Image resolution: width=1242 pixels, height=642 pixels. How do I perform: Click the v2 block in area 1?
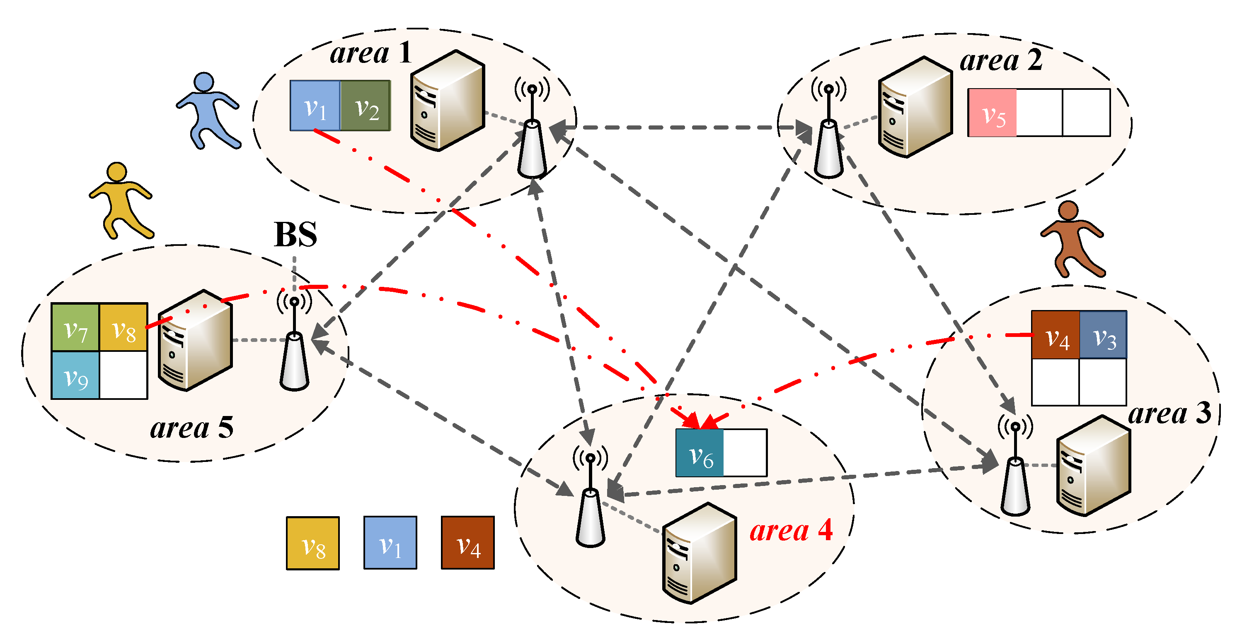pos(366,106)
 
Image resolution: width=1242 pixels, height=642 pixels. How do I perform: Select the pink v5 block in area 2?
pos(992,113)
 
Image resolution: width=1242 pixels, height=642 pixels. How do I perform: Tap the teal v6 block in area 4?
pos(700,453)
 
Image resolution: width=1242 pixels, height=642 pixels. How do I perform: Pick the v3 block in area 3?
pos(1103,335)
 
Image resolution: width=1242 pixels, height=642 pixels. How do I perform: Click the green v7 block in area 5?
pos(75,327)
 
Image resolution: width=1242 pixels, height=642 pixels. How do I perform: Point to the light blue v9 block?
pos(75,375)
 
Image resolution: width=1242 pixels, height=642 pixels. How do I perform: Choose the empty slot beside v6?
pos(745,453)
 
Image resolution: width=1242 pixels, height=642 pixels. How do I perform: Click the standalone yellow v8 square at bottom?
pos(313,543)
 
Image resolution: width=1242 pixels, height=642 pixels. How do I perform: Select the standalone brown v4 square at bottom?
pos(468,543)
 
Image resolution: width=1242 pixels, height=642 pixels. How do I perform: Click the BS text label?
pos(295,235)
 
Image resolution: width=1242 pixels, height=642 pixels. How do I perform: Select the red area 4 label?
pos(791,530)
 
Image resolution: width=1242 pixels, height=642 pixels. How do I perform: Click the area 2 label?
pos(1001,61)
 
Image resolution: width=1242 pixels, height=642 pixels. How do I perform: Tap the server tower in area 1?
pos(447,100)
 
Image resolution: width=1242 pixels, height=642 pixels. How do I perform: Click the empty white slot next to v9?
pos(123,375)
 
